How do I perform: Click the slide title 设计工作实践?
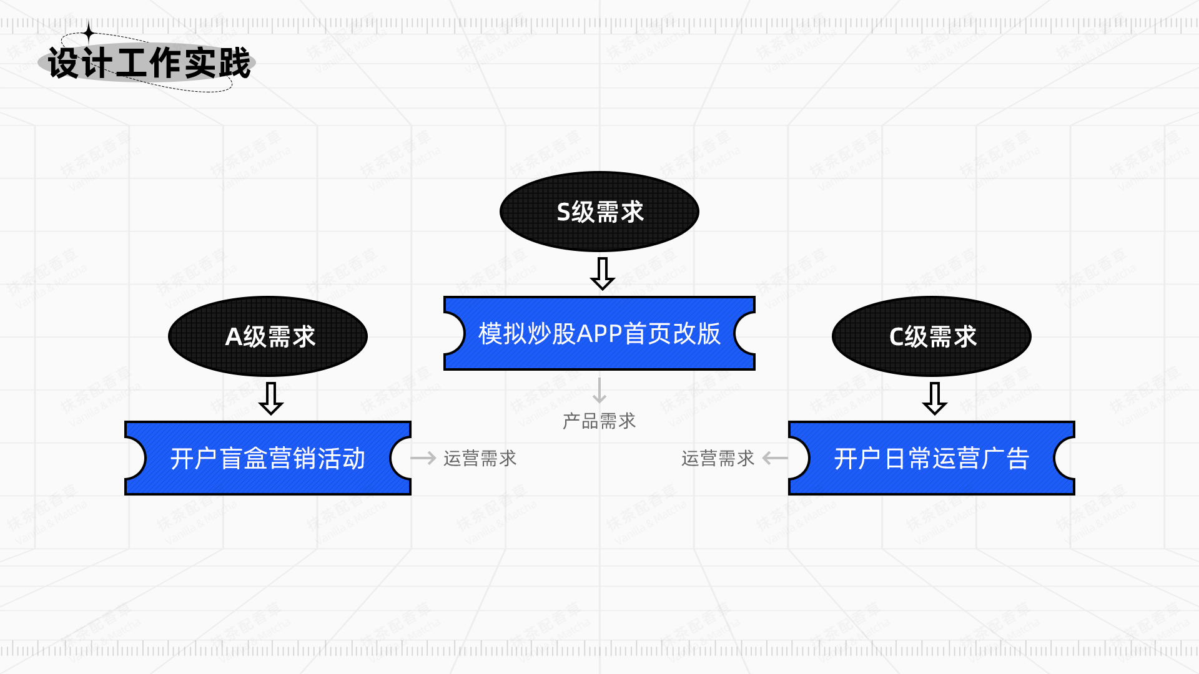149,63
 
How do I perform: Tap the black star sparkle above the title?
89,32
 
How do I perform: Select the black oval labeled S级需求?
599,212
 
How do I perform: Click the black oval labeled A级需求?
268,336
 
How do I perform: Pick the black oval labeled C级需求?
931,336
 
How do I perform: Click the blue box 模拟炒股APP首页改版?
599,333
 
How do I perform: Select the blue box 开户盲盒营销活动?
268,458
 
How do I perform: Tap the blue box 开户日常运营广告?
931,458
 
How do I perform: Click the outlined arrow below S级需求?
603,273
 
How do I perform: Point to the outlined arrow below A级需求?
271,398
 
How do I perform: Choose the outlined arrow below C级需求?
935,398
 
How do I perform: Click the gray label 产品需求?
599,421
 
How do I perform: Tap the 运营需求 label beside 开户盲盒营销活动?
480,459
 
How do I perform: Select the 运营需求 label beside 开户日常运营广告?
718,459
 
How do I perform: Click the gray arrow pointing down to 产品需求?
599,390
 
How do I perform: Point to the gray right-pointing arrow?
423,459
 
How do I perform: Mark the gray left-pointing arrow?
775,459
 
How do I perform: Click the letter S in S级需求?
563,212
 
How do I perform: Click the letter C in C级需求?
896,337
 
